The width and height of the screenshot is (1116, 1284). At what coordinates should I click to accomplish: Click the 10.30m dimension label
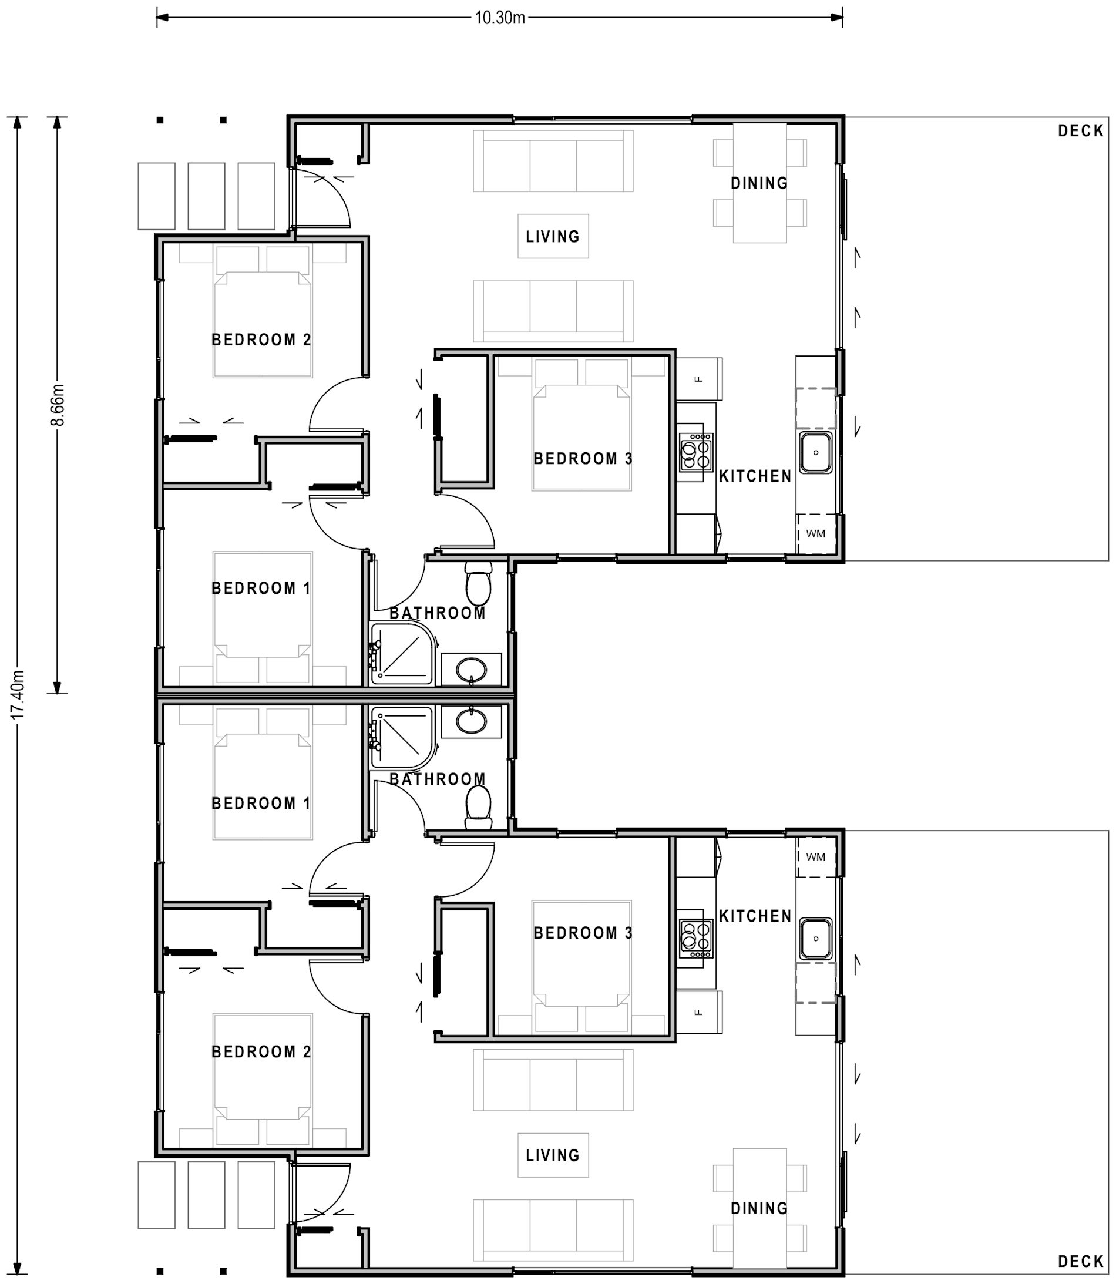point(499,18)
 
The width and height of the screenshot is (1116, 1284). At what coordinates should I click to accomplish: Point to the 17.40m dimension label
point(18,694)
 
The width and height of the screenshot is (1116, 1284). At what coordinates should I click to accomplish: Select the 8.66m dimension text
point(58,405)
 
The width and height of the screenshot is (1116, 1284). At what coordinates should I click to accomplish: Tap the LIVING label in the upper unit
point(552,237)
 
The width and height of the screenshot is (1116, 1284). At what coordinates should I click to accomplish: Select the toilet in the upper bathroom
point(478,583)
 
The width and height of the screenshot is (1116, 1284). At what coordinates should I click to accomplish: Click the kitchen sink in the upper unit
point(815,453)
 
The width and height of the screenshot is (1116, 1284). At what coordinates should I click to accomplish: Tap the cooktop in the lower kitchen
point(695,939)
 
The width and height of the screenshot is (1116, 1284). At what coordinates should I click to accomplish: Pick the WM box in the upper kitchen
point(815,534)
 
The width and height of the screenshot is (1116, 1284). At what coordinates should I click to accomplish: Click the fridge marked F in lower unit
point(699,1012)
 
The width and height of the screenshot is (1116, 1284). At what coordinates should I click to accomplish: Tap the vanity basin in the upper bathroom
point(472,670)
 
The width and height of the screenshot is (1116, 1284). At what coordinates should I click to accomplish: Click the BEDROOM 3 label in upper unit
point(583,459)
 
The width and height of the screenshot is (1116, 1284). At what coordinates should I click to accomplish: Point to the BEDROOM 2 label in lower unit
point(261,1052)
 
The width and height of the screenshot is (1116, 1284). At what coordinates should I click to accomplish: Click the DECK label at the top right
point(1081,131)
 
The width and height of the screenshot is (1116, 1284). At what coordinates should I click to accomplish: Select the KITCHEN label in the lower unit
point(755,916)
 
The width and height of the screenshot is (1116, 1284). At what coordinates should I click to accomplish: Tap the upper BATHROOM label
point(437,613)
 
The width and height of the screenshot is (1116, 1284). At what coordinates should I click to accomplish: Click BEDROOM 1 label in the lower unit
point(261,804)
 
